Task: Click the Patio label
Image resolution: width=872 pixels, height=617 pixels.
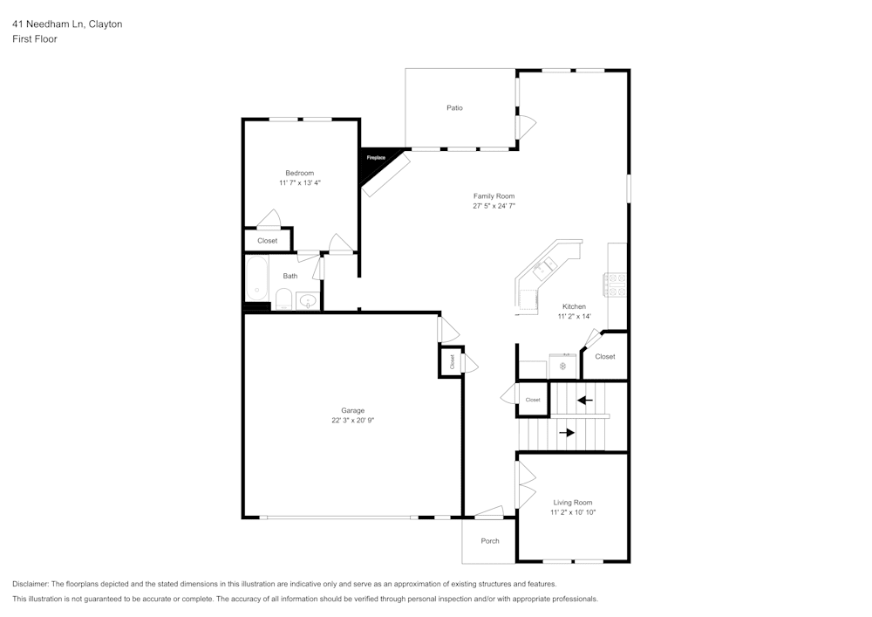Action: click(x=454, y=108)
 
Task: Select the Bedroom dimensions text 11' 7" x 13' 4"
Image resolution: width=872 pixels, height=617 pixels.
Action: click(x=299, y=183)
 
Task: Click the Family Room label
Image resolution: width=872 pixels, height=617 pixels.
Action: click(x=494, y=196)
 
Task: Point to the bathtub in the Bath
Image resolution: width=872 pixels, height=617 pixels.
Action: click(x=256, y=278)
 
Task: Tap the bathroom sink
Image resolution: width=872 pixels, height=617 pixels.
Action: click(x=308, y=301)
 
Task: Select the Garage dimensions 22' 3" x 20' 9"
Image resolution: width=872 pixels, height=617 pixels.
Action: click(x=352, y=421)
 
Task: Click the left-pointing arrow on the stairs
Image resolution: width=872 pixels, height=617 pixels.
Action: click(x=584, y=401)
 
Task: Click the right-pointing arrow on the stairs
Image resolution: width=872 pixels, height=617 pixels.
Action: click(x=567, y=432)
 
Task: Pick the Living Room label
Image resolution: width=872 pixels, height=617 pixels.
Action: click(x=572, y=503)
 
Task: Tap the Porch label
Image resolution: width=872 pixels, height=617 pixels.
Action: click(x=490, y=541)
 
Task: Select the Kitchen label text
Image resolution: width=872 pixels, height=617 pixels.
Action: click(x=574, y=306)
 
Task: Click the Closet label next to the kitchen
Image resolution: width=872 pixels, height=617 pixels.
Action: click(x=604, y=356)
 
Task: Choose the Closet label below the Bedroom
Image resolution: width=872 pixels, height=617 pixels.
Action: click(x=267, y=241)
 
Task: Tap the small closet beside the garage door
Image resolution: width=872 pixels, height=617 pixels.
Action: click(x=451, y=361)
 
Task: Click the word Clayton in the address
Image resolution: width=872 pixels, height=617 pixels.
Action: click(x=106, y=24)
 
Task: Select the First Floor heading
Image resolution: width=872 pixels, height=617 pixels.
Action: click(x=35, y=39)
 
